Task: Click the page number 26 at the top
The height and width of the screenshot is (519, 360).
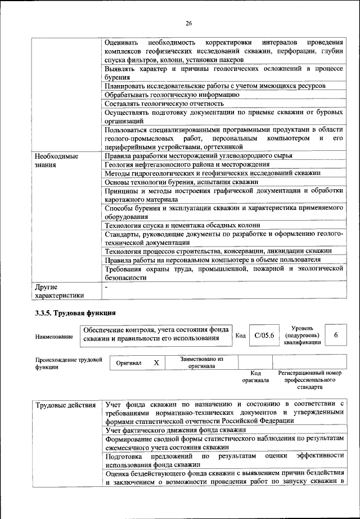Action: coord(188,23)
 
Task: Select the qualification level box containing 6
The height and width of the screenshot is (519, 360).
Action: coord(336,335)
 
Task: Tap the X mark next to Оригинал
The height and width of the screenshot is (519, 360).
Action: coord(156,364)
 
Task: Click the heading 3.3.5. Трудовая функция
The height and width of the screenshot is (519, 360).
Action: coord(74,312)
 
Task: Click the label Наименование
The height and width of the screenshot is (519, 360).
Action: coord(54,337)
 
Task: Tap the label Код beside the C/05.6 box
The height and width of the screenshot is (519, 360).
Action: coord(240,335)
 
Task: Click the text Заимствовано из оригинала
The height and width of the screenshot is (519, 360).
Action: coord(202,362)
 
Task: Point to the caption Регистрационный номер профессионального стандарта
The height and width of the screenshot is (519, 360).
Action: coord(310,380)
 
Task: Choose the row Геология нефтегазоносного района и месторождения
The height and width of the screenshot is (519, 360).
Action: coord(187,164)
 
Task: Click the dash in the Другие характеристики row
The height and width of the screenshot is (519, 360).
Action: coord(107,287)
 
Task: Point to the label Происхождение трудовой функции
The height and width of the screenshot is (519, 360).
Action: coord(68,362)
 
